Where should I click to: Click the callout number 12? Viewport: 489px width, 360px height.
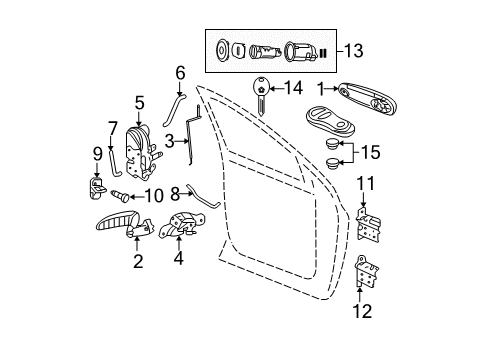pos(362,311)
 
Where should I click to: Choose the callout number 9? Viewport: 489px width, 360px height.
pos(97,154)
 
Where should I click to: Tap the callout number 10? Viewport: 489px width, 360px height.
pos(154,196)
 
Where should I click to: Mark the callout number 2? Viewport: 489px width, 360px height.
pos(138,263)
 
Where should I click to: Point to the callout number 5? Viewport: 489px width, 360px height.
pos(140,101)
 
